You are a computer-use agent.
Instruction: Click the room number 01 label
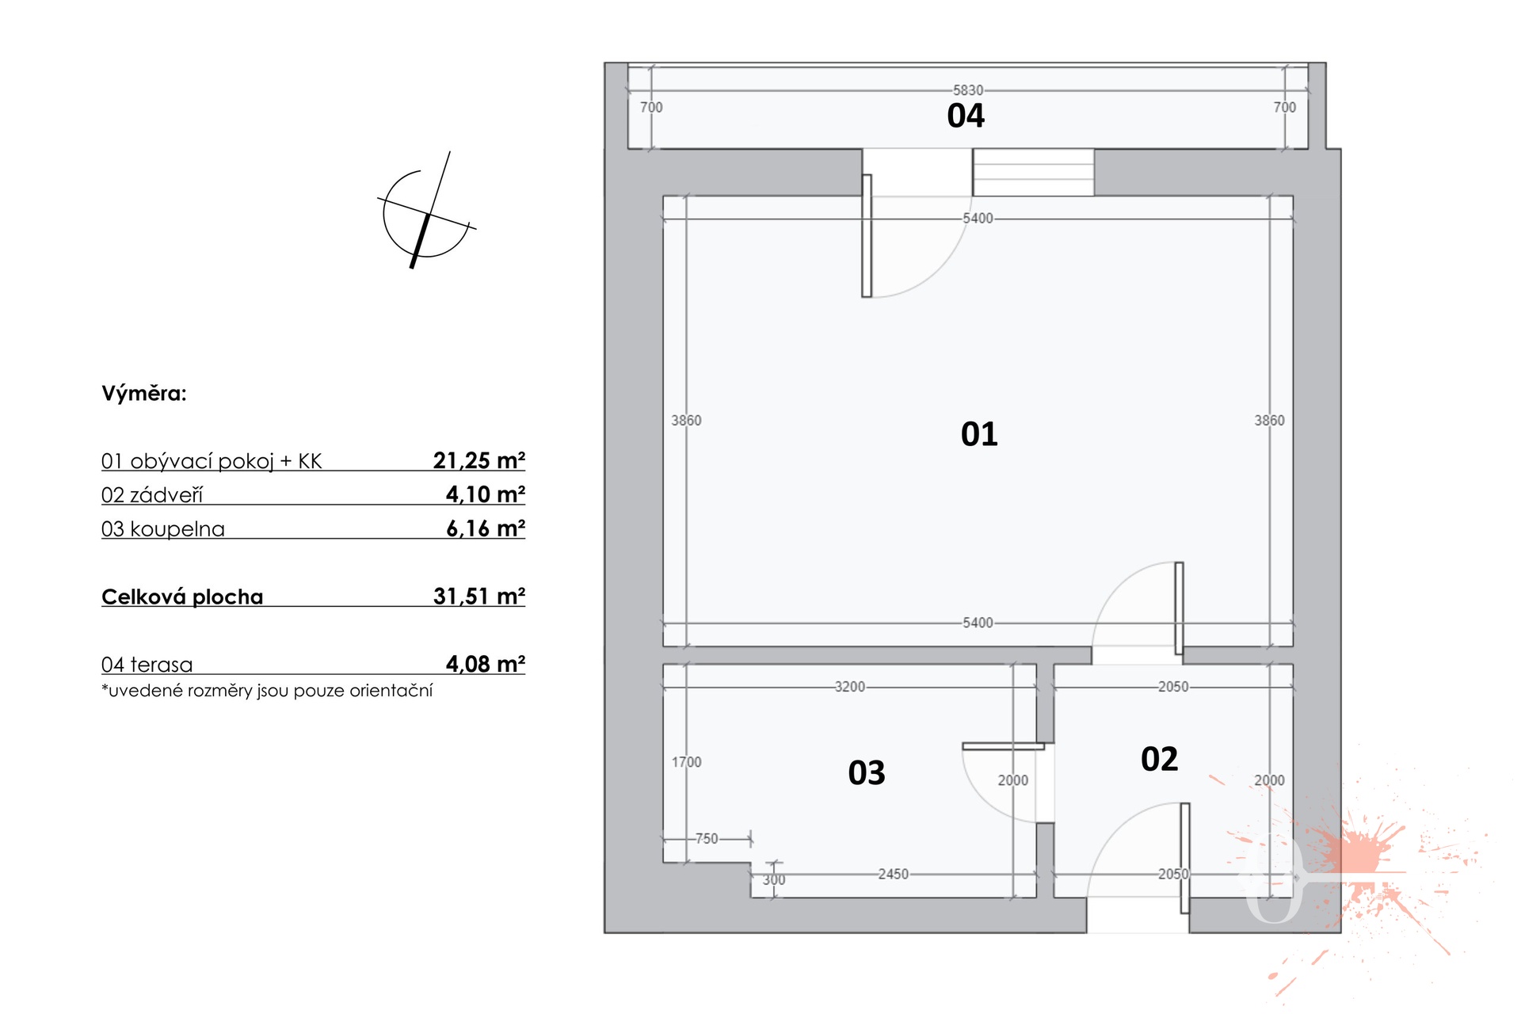click(x=979, y=434)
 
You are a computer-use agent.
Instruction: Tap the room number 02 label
click(x=1159, y=759)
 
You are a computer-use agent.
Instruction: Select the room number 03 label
click(x=867, y=772)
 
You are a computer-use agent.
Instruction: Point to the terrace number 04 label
click(x=966, y=116)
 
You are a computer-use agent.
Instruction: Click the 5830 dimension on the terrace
click(x=968, y=90)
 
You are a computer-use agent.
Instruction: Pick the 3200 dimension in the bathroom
click(x=850, y=687)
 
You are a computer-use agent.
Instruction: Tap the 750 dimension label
click(x=707, y=838)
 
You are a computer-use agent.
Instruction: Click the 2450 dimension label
click(x=893, y=874)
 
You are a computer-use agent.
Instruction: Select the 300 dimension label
click(x=774, y=880)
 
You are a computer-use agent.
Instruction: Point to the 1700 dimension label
click(x=687, y=762)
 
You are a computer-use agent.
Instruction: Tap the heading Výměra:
click(x=144, y=394)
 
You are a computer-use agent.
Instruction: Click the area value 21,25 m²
click(x=479, y=460)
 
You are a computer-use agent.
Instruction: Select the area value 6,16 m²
click(x=486, y=528)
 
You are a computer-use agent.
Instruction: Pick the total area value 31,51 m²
click(x=479, y=596)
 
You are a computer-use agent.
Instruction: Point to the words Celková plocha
click(x=182, y=597)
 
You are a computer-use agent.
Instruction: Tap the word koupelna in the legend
click(x=177, y=529)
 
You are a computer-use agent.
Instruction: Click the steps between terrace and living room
click(x=1033, y=172)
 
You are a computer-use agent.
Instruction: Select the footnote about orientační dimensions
click(x=267, y=691)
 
